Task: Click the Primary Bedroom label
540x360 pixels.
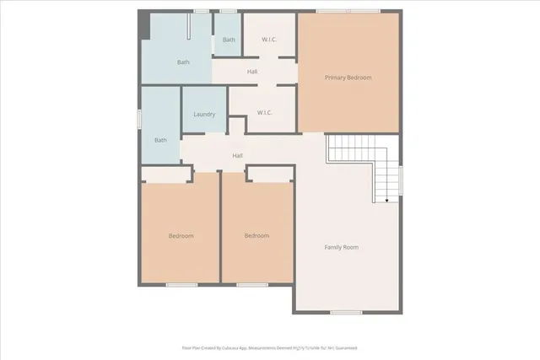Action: (348, 78)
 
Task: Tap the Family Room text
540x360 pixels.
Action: (342, 247)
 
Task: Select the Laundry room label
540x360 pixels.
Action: (204, 115)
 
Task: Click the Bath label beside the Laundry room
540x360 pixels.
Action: (159, 140)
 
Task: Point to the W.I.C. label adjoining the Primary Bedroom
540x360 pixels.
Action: (263, 112)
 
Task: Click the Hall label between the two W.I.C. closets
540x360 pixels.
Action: (252, 72)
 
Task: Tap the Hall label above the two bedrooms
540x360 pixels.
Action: (238, 156)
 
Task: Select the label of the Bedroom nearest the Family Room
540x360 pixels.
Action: (256, 236)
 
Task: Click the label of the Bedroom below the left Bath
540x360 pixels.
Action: (181, 236)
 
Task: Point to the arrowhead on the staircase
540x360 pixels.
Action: (386, 201)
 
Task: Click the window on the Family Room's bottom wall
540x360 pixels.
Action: (345, 312)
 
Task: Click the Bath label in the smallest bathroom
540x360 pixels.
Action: (229, 40)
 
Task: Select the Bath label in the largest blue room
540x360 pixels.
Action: (183, 62)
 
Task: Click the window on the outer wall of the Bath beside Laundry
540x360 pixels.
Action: (139, 119)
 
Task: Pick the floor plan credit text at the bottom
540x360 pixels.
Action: (269, 347)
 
